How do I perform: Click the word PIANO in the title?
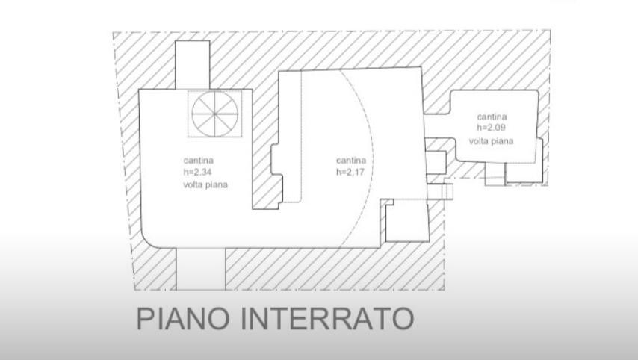pos(183,318)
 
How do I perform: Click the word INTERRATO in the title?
pos(327,318)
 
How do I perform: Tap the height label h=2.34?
pos(198,172)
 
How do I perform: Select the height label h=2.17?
pos(350,172)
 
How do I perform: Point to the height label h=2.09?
pos(491,128)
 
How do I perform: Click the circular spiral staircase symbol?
pos(215,114)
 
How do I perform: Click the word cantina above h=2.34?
pos(199,161)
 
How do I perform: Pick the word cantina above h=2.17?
pos(351,161)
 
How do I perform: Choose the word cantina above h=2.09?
pos(492,117)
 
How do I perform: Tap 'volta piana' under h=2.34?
pos(205,184)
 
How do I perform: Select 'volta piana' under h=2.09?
pos(491,141)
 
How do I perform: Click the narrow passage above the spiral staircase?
pos(193,65)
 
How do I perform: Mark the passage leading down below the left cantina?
pos(201,269)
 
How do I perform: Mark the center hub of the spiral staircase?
pos(215,114)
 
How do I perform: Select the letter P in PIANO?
pos(143,318)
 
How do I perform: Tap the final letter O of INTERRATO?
pos(403,318)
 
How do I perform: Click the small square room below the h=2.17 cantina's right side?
pos(407,221)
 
